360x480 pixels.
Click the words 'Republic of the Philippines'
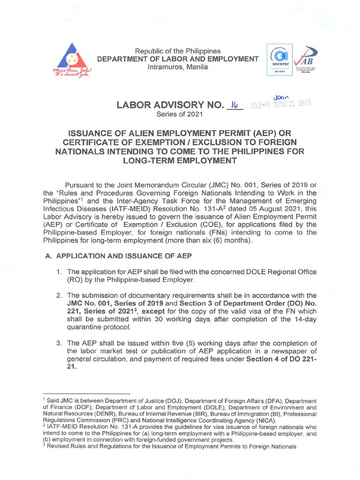point(177,51)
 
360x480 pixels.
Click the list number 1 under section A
point(60,272)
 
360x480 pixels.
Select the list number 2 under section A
point(60,295)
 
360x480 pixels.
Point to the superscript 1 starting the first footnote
point(44,399)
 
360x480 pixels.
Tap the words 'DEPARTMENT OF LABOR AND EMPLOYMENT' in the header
point(177,59)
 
